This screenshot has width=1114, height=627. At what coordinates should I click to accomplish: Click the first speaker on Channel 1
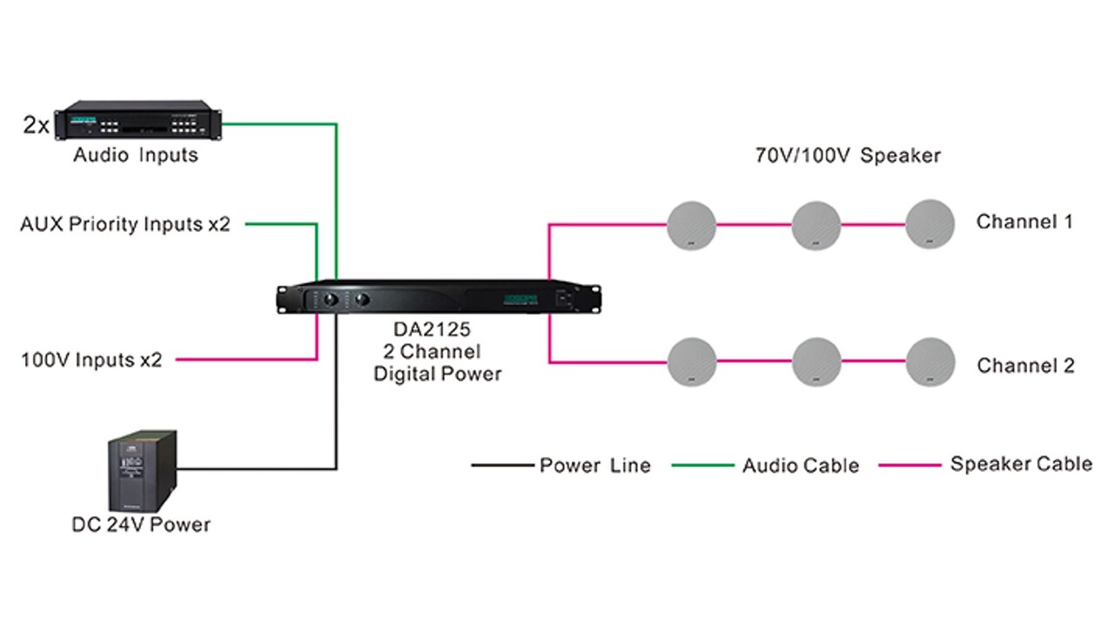pyautogui.click(x=692, y=225)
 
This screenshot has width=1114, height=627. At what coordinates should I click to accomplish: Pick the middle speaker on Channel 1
pyautogui.click(x=816, y=225)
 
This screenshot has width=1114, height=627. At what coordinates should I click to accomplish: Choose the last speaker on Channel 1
pyautogui.click(x=930, y=225)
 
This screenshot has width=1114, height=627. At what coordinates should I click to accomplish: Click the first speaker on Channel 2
pyautogui.click(x=692, y=361)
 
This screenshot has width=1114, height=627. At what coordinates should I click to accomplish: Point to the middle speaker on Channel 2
pyautogui.click(x=816, y=361)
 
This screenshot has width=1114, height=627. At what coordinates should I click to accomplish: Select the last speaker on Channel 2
pyautogui.click(x=930, y=361)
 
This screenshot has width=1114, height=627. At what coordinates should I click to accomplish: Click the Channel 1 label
pyautogui.click(x=1024, y=222)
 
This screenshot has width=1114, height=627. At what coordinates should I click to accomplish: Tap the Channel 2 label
pyautogui.click(x=1025, y=366)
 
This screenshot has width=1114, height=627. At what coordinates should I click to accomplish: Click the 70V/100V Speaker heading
pyautogui.click(x=847, y=157)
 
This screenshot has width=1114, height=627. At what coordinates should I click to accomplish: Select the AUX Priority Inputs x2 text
pyautogui.click(x=125, y=225)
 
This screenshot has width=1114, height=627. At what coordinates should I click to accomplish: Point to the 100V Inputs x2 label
pyautogui.click(x=91, y=360)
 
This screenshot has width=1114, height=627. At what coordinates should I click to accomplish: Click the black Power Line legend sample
pyautogui.click(x=501, y=466)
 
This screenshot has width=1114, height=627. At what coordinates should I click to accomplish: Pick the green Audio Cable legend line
pyautogui.click(x=703, y=466)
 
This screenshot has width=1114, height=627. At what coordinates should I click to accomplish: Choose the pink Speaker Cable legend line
pyautogui.click(x=909, y=466)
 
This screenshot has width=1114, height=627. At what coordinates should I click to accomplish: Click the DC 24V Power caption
pyautogui.click(x=141, y=525)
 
